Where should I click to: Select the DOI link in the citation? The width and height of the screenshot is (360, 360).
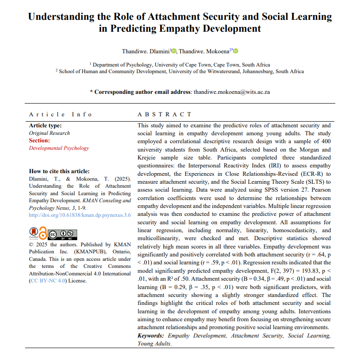click(x=80, y=215)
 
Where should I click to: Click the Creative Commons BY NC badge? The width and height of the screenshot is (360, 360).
click(x=63, y=234)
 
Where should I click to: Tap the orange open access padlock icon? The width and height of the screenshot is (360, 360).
click(x=43, y=232)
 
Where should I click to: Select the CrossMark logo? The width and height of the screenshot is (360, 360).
click(x=33, y=233)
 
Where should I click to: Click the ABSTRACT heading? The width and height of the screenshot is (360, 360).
click(x=165, y=114)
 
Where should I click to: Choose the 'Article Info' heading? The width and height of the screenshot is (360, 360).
click(x=60, y=114)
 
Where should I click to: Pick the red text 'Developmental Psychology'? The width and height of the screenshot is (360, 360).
click(x=59, y=148)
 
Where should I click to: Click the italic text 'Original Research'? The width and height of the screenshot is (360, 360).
click(x=49, y=133)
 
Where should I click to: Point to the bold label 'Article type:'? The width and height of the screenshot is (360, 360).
click(x=45, y=126)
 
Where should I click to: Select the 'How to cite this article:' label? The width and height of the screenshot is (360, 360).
click(x=59, y=171)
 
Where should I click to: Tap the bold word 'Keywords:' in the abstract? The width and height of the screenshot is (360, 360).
click(x=151, y=336)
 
